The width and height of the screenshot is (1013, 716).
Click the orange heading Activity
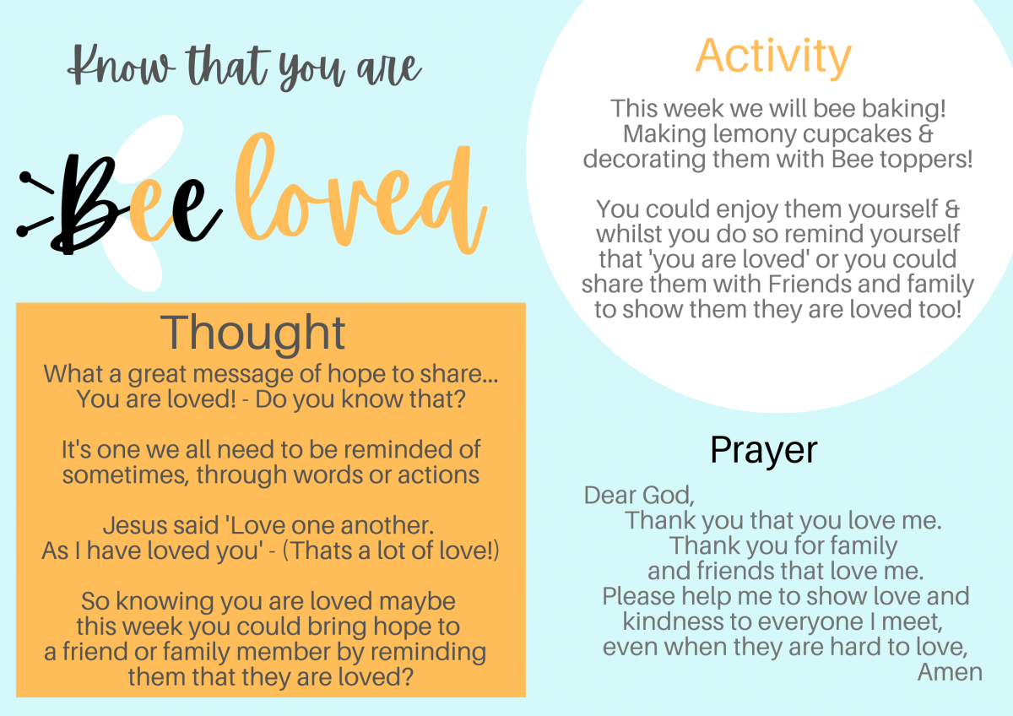773,58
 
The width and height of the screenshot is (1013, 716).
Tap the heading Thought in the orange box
252,334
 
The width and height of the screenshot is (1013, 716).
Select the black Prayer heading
764,450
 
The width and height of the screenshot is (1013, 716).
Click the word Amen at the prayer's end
950,672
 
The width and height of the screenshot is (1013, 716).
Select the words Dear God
639,496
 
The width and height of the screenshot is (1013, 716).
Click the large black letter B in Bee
86,203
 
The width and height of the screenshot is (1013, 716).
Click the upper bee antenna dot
25,176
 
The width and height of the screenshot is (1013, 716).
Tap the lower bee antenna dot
23,231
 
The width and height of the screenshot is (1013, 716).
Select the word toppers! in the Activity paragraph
926,160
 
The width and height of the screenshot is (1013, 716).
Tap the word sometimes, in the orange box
126,475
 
